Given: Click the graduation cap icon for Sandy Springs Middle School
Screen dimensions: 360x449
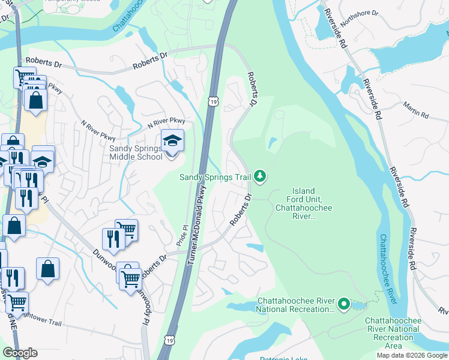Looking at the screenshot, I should pos(172,141).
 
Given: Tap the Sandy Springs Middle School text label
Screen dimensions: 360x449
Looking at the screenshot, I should pos(136,153).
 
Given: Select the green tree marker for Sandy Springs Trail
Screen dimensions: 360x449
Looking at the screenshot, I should pos(260,176).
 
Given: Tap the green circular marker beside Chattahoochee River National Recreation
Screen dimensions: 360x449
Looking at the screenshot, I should pos(343,304).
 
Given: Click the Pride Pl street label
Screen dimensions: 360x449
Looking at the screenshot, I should pos(181,236).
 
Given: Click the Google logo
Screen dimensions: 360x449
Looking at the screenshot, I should pos(20,353).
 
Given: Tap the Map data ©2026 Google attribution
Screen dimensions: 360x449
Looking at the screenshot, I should pos(412,355).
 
